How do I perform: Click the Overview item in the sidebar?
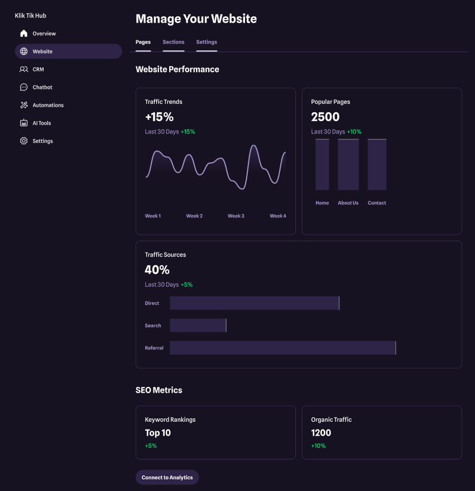(x=44, y=34)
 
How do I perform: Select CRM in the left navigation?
(x=38, y=69)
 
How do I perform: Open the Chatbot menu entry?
(x=42, y=87)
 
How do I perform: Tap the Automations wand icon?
(x=23, y=105)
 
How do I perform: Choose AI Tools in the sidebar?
(x=41, y=123)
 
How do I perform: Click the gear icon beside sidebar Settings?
(x=23, y=141)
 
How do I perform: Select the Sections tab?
(x=174, y=42)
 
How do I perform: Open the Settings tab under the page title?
(x=207, y=42)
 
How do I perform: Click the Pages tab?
(x=143, y=42)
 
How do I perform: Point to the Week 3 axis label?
(x=236, y=216)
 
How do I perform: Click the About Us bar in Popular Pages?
(x=348, y=165)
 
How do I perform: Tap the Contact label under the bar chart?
(x=377, y=203)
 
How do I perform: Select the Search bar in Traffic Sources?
(x=198, y=326)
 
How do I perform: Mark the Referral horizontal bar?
(x=282, y=348)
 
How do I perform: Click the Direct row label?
(x=152, y=303)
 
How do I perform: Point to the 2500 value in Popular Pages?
(x=325, y=117)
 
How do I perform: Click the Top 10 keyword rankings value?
(x=158, y=433)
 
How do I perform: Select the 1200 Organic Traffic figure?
(x=321, y=433)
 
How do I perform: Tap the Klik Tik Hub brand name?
(x=30, y=16)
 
